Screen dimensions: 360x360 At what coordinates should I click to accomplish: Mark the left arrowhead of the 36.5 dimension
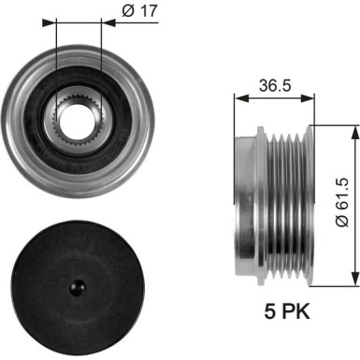[238, 95]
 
